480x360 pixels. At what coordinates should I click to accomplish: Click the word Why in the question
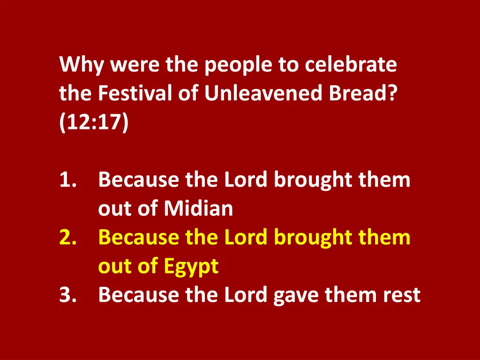tap(82, 65)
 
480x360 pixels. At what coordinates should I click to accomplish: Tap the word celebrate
tap(351, 65)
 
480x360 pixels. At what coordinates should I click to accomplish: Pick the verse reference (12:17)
tap(93, 123)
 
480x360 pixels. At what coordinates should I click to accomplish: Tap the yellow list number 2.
tap(68, 238)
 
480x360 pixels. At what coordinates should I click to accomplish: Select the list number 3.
tap(68, 295)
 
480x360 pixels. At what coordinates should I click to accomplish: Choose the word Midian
tap(198, 209)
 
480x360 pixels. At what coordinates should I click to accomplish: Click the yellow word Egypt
tap(191, 267)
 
